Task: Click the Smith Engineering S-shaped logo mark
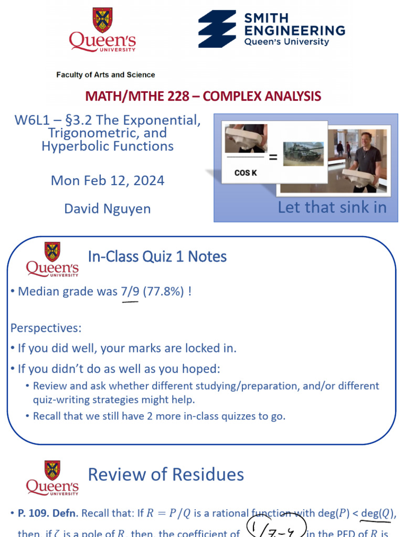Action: click(x=217, y=29)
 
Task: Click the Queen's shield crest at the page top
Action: click(x=102, y=20)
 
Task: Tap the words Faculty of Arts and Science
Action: click(x=105, y=75)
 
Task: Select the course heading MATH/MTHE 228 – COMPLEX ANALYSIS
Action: click(x=203, y=96)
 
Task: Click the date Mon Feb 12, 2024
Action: click(x=108, y=181)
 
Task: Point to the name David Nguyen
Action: click(x=108, y=209)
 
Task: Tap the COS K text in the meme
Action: click(x=246, y=173)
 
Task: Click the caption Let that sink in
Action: click(x=332, y=207)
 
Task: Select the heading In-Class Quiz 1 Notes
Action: click(x=157, y=256)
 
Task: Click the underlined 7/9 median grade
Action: click(x=130, y=292)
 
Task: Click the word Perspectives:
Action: click(x=46, y=328)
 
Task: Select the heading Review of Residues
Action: click(x=166, y=475)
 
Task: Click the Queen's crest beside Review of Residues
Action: click(x=52, y=470)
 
